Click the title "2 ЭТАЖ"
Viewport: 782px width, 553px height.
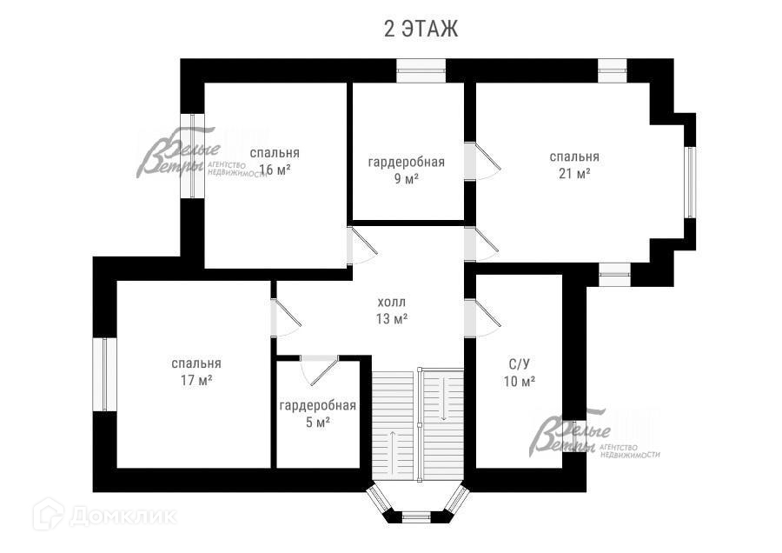pos(421,29)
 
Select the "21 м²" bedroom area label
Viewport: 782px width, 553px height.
pos(573,173)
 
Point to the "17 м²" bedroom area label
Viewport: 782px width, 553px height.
pos(195,380)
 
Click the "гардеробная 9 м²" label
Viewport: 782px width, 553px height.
pos(406,170)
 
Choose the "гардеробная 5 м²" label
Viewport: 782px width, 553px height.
pos(317,414)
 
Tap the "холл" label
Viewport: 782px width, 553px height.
pos(391,302)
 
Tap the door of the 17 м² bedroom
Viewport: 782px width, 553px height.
pos(284,318)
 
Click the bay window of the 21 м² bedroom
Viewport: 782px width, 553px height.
pos(689,182)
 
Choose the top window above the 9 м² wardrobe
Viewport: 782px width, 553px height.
pos(421,70)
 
